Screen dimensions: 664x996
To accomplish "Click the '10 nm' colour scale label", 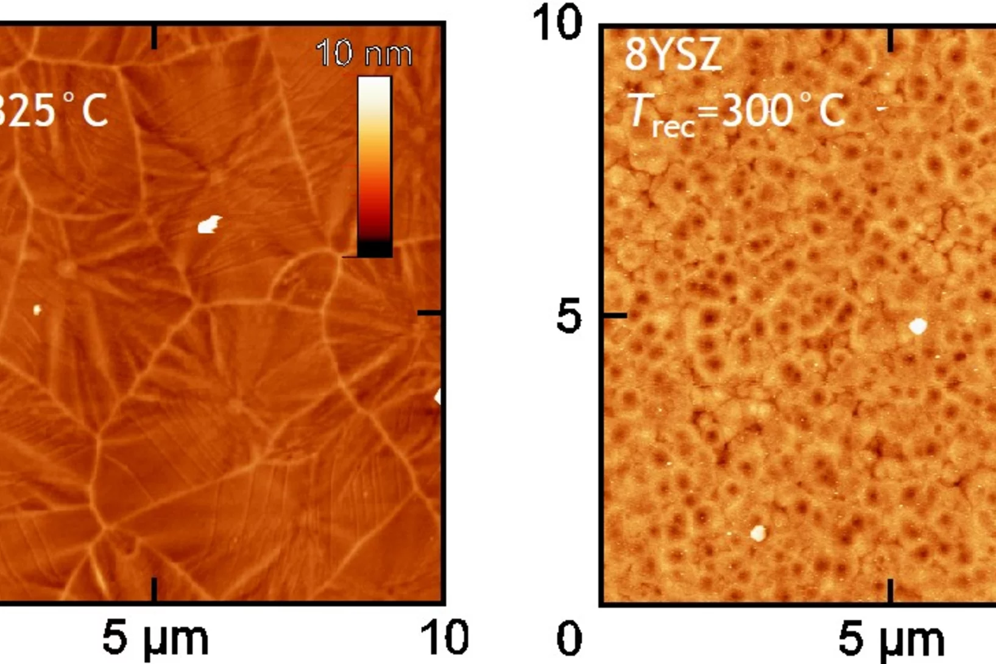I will [364, 54].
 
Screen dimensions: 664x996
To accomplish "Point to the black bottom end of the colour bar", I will [374, 249].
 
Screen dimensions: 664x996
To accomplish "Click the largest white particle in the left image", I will [209, 225].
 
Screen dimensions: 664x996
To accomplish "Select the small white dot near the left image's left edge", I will [37, 310].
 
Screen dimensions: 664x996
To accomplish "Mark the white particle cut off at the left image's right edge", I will [437, 397].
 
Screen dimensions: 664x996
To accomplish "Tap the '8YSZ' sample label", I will [673, 54].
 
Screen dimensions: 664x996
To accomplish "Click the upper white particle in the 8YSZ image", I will [917, 327].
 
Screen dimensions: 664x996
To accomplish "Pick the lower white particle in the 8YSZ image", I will [758, 534].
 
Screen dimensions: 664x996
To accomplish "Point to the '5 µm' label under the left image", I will [155, 638].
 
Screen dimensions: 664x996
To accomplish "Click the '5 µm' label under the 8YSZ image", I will [891, 638].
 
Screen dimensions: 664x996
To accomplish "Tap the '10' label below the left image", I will [444, 637].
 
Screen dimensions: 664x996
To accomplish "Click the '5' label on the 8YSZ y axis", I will [568, 317].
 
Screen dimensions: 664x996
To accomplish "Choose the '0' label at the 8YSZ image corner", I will [569, 638].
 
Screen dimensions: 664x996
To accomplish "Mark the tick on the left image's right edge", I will [430, 313].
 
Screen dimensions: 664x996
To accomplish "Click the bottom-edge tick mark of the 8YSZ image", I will [891, 590].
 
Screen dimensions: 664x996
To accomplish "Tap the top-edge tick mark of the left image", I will [154, 37].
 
